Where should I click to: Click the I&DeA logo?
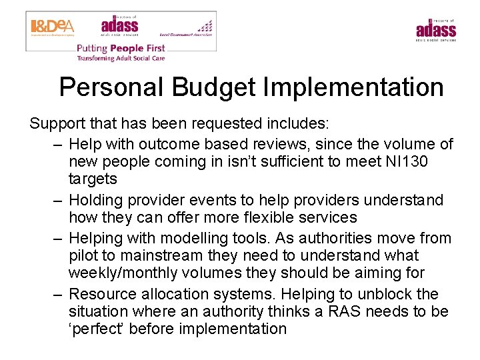[x=53, y=27]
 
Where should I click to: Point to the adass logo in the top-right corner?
[x=436, y=29]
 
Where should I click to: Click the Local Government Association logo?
[x=187, y=29]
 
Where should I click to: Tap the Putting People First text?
[x=121, y=48]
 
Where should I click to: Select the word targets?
[x=93, y=179]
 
